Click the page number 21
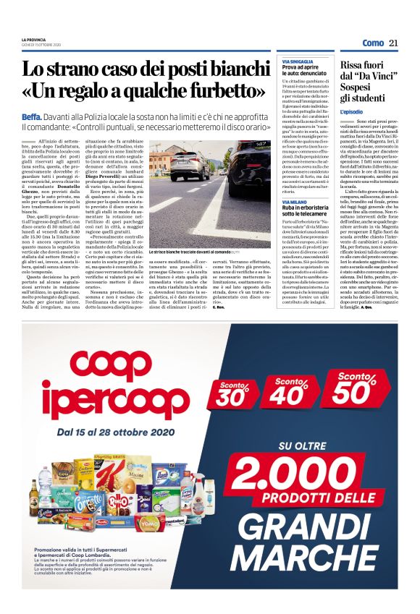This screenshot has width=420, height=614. tap(394, 43)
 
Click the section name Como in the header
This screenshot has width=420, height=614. tap(373, 43)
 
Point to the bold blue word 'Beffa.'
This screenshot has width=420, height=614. tap(31, 116)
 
